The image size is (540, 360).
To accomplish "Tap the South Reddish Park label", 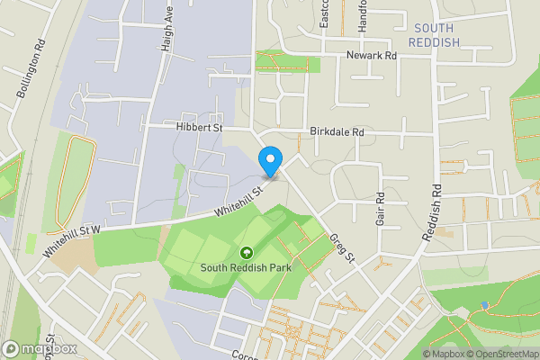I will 247,268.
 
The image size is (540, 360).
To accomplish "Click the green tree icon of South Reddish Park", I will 247,252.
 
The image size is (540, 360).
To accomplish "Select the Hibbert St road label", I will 198,129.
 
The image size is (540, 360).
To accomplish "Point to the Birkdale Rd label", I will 337,131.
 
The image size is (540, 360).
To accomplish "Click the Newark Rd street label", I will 372,56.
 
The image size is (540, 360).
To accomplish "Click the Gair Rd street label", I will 381,209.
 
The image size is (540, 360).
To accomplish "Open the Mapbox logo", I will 40,348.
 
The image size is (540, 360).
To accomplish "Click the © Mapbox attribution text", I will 443,354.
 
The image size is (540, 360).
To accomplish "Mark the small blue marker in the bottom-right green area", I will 484,306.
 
